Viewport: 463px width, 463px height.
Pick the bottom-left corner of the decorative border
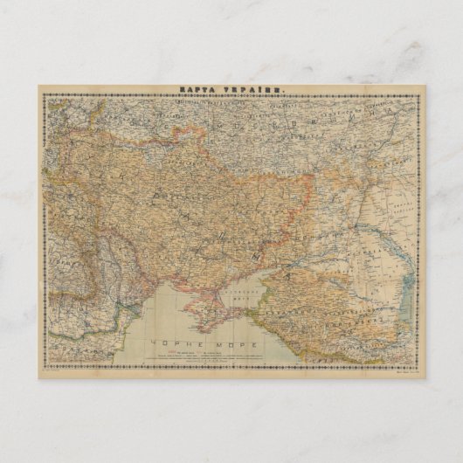(45, 366)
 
